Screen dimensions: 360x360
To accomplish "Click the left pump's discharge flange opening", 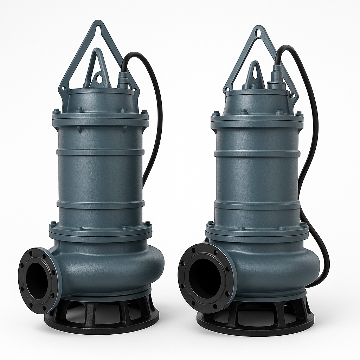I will [x=36, y=280].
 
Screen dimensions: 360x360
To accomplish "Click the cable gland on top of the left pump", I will [x=123, y=81].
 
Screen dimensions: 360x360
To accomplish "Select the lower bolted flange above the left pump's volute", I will [x=101, y=232].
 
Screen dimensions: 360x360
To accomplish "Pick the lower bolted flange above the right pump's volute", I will [x=257, y=232].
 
